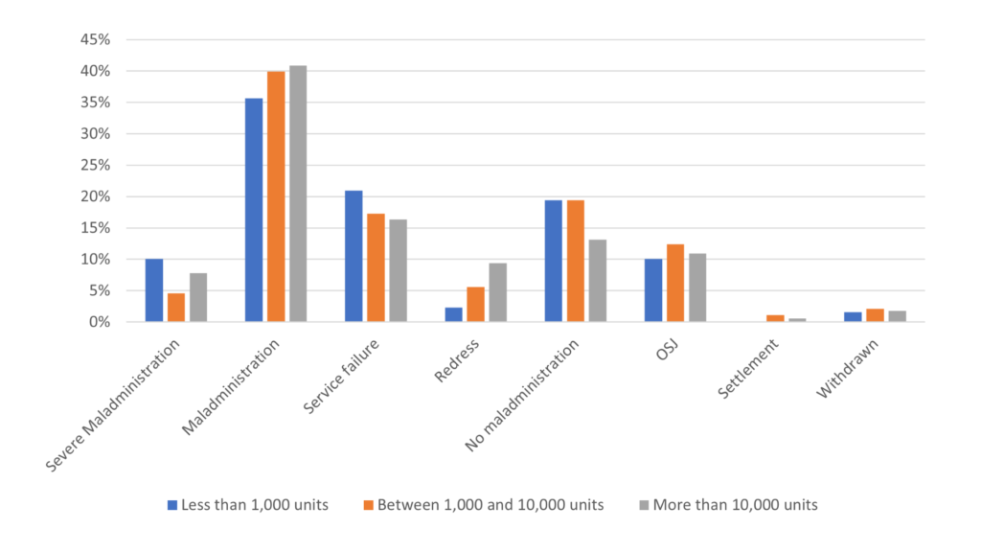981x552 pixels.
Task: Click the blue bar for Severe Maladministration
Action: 154,290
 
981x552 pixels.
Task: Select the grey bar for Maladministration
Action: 298,194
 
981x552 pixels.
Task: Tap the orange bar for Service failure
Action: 376,267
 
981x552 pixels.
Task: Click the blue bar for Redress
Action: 453,314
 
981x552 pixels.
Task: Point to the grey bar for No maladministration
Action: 598,281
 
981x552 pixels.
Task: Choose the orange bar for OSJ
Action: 675,283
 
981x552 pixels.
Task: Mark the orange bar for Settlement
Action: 775,318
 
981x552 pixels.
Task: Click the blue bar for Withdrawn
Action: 853,317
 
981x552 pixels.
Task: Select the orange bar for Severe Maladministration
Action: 176,308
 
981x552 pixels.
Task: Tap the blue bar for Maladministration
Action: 254,210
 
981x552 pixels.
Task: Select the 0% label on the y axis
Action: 102,322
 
